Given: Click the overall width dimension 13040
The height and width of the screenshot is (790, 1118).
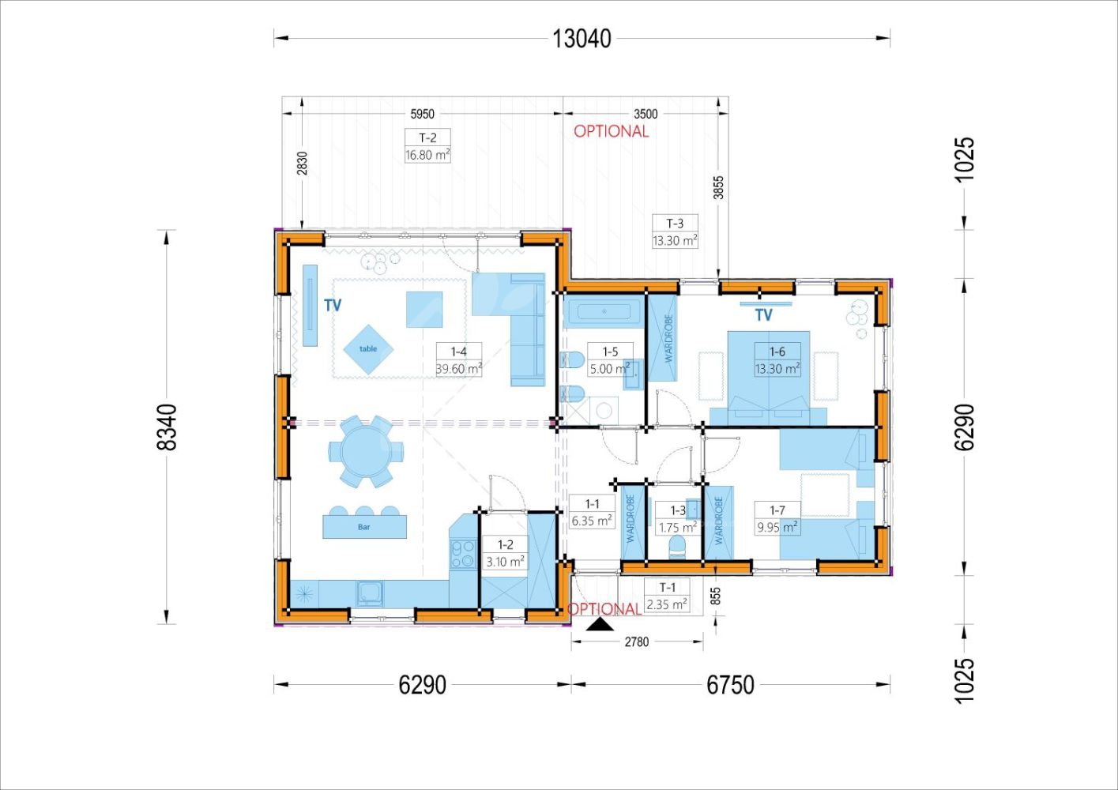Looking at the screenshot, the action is (x=582, y=39).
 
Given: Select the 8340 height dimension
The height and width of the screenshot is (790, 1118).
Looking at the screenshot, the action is (x=167, y=427).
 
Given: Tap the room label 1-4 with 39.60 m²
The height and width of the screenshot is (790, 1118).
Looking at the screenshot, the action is (x=459, y=359).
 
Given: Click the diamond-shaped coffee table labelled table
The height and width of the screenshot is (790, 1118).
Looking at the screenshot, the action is (x=368, y=349).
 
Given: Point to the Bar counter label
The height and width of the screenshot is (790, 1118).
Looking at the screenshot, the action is (x=364, y=527).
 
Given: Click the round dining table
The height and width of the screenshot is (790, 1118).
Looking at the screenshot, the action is (x=366, y=452).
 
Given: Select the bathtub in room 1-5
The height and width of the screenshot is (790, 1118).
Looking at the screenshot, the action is (x=604, y=311).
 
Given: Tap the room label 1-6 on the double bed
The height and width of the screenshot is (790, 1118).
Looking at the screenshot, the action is (x=777, y=359).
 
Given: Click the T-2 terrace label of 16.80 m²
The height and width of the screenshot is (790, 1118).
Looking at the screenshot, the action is (x=427, y=145).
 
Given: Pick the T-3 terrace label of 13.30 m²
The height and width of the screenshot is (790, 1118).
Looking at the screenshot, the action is (x=675, y=231).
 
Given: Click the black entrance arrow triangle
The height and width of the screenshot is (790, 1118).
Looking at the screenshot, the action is (x=600, y=624).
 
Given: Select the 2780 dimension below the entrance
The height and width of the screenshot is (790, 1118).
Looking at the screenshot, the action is (x=637, y=641).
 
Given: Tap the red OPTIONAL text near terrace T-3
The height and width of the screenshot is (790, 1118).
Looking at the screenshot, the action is (x=611, y=131).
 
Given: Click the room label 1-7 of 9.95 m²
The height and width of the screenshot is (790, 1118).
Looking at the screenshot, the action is (x=777, y=518).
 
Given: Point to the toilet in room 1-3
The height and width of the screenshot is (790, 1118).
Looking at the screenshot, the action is (x=677, y=547).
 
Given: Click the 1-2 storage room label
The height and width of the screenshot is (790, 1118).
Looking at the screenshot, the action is (x=505, y=553).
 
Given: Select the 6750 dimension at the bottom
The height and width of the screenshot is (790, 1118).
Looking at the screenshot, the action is (x=730, y=685).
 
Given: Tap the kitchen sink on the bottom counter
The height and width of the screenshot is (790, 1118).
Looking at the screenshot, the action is (x=370, y=594).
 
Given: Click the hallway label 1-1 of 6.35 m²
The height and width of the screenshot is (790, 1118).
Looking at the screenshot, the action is (x=592, y=512).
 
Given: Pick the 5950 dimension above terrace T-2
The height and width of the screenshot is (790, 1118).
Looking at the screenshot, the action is (x=422, y=114).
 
